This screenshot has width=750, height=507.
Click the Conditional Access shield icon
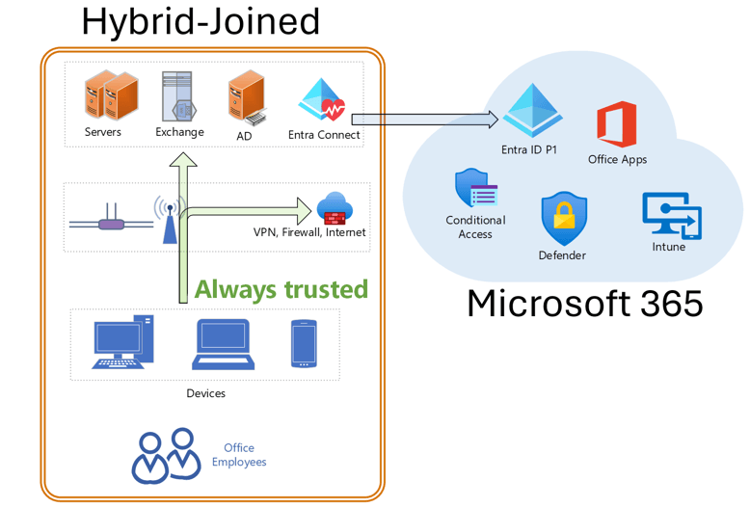[475, 189]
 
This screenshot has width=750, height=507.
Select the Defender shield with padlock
[563, 219]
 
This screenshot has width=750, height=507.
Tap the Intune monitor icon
[671, 215]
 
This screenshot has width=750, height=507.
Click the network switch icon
[112, 225]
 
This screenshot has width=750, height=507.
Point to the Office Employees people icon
[166, 455]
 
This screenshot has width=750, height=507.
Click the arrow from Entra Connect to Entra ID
[424, 120]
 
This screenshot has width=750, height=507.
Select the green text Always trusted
[281, 289]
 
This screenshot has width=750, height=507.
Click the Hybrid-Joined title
[200, 21]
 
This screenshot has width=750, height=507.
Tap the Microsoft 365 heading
[584, 302]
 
